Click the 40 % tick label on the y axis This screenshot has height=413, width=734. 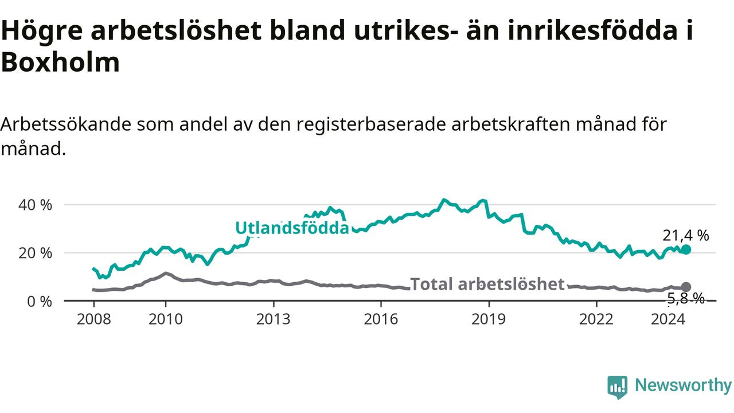click(35, 205)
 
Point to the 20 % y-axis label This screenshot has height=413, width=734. click(35, 254)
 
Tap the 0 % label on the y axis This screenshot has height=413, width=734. click(40, 302)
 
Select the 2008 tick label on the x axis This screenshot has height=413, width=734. click(93, 319)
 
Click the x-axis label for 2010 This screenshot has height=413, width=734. click(166, 319)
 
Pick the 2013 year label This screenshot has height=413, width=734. click(274, 319)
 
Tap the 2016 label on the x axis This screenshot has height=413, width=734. click(381, 319)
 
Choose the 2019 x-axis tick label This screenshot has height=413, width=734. click(489, 319)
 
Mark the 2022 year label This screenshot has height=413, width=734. click(596, 319)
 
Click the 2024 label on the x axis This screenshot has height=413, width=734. click(668, 319)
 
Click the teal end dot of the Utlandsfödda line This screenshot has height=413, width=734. click(686, 250)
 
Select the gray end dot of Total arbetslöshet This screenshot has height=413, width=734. click(686, 287)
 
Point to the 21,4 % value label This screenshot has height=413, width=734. click(686, 235)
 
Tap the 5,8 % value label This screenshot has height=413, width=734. click(686, 299)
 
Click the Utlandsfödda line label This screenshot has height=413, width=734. click(292, 228)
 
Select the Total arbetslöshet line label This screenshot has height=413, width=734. click(487, 284)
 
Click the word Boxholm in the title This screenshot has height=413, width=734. click(61, 62)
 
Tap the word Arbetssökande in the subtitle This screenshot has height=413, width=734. click(65, 124)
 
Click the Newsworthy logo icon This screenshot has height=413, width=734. click(618, 387)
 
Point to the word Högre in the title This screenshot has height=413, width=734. click(42, 30)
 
